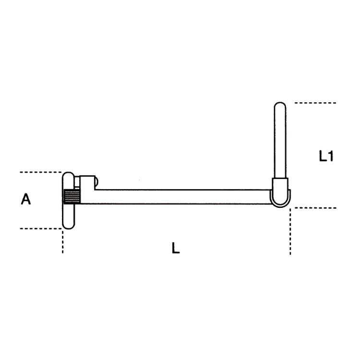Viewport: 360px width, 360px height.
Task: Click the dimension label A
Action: [x=26, y=199]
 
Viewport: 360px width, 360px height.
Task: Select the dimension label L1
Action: [x=326, y=156]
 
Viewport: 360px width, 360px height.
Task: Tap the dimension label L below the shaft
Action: [x=176, y=248]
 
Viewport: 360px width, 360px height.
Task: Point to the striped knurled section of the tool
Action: [x=71, y=197]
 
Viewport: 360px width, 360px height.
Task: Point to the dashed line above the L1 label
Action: [x=315, y=103]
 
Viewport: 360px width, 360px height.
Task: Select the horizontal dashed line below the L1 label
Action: [x=315, y=208]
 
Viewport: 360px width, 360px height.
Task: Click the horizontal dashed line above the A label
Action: [x=41, y=172]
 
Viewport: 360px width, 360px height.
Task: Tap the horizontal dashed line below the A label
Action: [x=41, y=228]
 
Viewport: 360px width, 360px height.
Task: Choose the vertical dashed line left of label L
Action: [x=62, y=240]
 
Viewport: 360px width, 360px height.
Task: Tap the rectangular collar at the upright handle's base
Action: [x=280, y=185]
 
